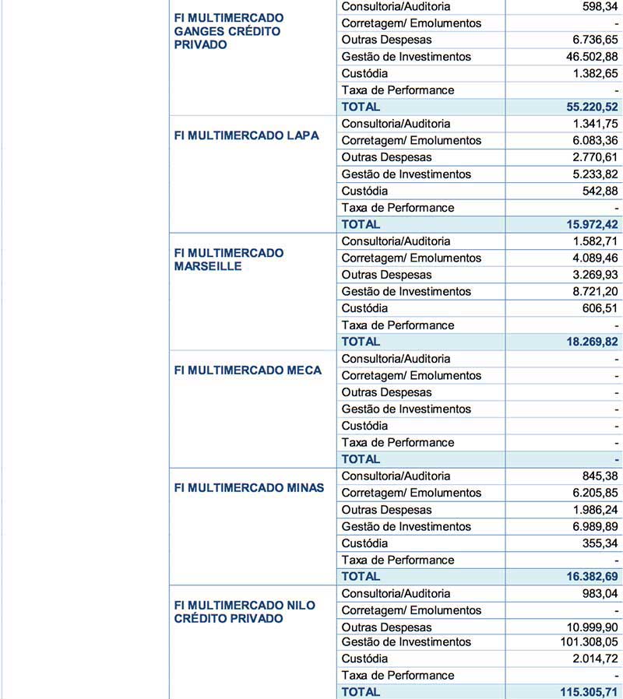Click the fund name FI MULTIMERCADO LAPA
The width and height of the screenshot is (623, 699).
pos(246,135)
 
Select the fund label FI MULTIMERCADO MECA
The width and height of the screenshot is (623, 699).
pos(248,371)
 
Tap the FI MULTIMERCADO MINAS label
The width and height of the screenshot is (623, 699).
pos(248,488)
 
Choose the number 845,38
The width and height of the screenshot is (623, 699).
pos(598,476)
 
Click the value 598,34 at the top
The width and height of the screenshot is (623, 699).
pos(598,6)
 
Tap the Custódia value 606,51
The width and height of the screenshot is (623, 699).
pos(598,308)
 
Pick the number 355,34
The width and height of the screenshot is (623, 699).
pos(598,543)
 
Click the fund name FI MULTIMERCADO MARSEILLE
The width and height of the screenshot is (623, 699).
pos(229,259)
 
